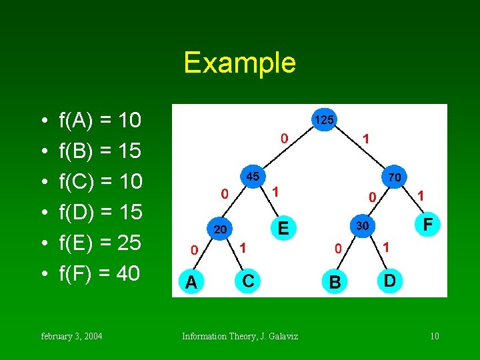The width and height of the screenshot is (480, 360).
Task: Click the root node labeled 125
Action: click(325, 120)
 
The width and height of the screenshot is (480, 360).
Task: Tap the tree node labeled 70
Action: click(393, 177)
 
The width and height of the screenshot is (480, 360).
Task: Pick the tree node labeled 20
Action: click(220, 229)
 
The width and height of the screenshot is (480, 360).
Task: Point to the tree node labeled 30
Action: click(362, 225)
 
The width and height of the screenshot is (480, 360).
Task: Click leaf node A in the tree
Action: click(191, 283)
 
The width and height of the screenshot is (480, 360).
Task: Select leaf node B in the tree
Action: click(335, 283)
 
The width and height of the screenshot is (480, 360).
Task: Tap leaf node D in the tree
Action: click(390, 281)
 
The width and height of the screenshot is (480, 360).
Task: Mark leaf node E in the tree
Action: click(283, 229)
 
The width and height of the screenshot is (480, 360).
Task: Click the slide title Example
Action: click(239, 63)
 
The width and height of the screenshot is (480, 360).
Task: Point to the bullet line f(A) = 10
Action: click(100, 121)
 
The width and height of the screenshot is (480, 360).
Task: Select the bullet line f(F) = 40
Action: click(100, 273)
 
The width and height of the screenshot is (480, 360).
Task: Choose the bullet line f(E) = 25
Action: click(100, 243)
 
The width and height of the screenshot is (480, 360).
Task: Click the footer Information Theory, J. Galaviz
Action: click(240, 336)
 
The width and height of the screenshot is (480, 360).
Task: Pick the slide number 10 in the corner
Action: click(434, 336)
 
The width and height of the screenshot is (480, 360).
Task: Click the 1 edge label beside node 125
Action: click(366, 139)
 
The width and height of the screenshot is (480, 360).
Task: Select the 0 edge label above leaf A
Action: click(193, 251)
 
